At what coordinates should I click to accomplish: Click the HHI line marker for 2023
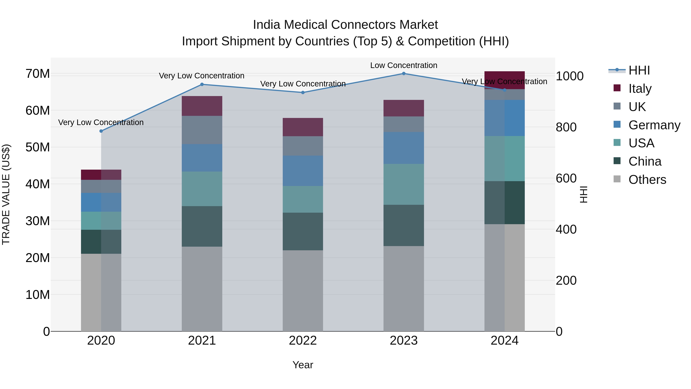(403, 74)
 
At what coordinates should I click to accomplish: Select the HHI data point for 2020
(101, 131)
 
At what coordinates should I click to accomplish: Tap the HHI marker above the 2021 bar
(202, 84)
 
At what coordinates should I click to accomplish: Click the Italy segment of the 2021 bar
(202, 106)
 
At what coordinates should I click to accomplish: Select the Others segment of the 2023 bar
(403, 289)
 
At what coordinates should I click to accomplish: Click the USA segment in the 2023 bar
(403, 184)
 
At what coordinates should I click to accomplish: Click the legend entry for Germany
(654, 125)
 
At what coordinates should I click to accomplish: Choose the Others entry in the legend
(647, 180)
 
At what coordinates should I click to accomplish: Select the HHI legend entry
(639, 70)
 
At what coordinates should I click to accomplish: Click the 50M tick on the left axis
(38, 147)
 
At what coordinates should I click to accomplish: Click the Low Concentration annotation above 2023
(403, 65)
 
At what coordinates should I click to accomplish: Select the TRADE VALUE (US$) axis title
(6, 194)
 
